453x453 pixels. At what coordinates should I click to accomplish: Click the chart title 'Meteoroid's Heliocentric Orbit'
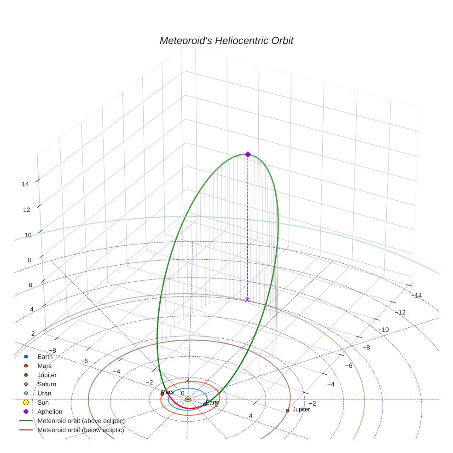[x=226, y=41]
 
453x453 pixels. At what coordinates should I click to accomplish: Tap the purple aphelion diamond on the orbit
[x=248, y=154]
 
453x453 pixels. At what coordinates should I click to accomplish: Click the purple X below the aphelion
[x=247, y=300]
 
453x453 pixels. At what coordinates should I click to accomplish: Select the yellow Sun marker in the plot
[x=188, y=399]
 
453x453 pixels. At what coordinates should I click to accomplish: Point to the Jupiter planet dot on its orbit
[x=288, y=411]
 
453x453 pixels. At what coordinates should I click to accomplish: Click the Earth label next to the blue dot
[x=212, y=403]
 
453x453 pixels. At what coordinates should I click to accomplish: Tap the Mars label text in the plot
[x=168, y=392]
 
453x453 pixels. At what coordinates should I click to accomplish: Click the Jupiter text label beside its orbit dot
[x=301, y=409]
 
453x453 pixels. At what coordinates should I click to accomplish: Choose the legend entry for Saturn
[x=46, y=384]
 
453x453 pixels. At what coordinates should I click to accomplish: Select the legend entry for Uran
[x=44, y=394]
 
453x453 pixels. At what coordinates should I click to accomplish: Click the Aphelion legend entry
[x=50, y=412]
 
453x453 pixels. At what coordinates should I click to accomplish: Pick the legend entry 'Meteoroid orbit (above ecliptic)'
[x=81, y=421]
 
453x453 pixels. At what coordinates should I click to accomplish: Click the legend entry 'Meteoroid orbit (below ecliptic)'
[x=81, y=430]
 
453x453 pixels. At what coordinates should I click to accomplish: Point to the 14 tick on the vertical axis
[x=26, y=184]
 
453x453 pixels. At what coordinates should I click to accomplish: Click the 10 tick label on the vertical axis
[x=28, y=235]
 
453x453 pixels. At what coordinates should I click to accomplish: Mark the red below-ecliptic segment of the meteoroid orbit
[x=186, y=407]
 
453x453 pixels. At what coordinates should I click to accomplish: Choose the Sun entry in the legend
[x=43, y=402]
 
